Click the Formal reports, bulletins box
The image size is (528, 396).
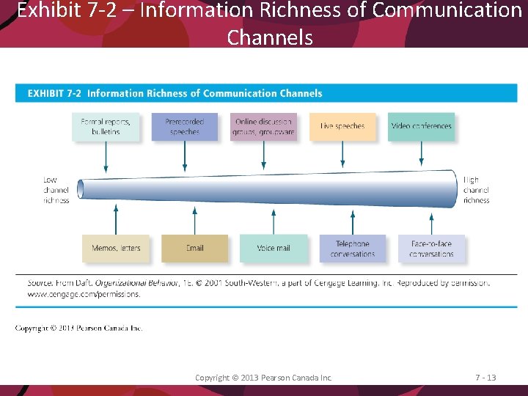[106, 126]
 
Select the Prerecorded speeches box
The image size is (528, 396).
[185, 126]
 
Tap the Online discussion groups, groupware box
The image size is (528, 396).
[264, 126]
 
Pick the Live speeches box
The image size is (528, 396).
[342, 126]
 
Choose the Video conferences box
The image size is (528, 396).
[421, 126]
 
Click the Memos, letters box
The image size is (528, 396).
[116, 249]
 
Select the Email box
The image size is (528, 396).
[194, 249]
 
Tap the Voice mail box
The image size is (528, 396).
[274, 249]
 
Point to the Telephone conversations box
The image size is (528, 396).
[353, 249]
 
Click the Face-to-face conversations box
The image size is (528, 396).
[431, 249]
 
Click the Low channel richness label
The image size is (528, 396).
[56, 190]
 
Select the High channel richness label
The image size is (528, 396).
[476, 190]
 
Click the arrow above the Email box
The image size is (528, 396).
[194, 219]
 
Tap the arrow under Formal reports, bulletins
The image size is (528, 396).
[106, 155]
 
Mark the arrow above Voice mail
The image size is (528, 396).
[274, 220]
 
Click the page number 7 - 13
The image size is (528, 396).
[485, 378]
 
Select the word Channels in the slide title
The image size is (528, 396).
[270, 37]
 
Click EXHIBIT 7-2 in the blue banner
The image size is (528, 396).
[55, 93]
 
